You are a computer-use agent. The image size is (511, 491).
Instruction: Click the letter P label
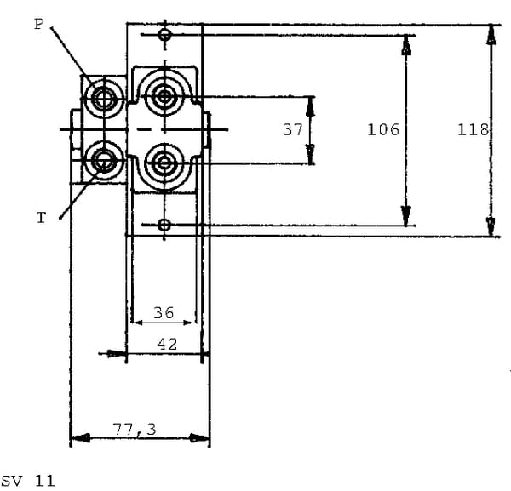38,24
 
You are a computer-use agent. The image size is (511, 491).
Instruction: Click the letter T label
41,219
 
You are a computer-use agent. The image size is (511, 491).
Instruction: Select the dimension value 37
293,130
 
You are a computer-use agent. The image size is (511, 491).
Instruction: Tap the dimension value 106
383,130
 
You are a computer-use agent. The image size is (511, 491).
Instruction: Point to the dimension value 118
473,130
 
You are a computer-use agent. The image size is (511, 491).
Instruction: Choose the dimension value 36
164,313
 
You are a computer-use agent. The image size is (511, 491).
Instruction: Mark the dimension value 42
168,344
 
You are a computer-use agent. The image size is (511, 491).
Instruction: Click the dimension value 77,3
134,431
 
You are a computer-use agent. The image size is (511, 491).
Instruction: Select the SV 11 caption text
28,481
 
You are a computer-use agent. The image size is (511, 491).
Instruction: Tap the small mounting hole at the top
164,35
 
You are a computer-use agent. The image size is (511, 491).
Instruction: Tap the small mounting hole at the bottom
164,225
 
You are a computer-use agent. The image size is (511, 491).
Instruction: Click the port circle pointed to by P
105,99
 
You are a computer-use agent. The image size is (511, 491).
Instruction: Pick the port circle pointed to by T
105,158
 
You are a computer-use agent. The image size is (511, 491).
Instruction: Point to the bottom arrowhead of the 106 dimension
406,218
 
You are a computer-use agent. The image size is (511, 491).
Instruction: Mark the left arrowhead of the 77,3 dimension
78,439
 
